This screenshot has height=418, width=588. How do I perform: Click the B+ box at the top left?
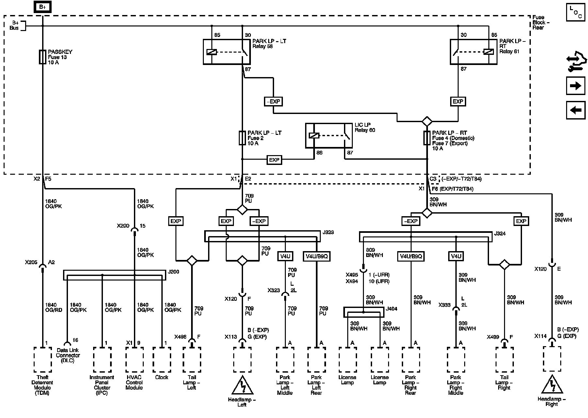(42, 7)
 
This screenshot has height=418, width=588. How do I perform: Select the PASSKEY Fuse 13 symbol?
(42, 57)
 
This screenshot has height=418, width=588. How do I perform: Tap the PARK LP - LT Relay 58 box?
(227, 52)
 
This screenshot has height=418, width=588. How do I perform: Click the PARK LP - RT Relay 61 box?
(473, 52)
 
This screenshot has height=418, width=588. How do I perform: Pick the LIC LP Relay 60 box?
(329, 136)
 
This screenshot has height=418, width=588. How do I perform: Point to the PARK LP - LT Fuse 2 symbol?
(242, 138)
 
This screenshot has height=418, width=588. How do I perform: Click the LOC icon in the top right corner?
(576, 12)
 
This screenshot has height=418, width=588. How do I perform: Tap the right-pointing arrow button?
(575, 86)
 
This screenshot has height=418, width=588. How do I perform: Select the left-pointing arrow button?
(575, 110)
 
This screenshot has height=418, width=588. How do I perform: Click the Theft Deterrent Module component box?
(43, 359)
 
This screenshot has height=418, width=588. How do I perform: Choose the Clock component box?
(162, 359)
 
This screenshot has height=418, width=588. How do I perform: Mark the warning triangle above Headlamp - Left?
(242, 386)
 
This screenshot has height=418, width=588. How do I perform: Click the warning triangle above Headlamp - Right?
(552, 385)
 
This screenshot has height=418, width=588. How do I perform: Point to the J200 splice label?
(173, 272)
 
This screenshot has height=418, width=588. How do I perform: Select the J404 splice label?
(391, 309)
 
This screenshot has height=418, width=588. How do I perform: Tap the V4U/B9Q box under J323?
(317, 257)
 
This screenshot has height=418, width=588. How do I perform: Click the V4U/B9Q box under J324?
(411, 257)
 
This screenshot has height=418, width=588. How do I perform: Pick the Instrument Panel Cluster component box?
(102, 359)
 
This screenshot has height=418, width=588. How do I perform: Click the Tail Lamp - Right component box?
(504, 359)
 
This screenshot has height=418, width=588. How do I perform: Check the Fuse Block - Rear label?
(541, 23)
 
